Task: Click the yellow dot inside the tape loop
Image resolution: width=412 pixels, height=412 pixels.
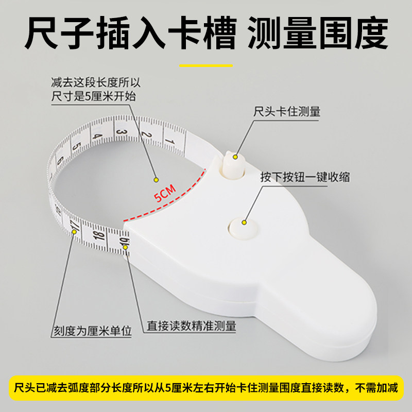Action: pos(154,180)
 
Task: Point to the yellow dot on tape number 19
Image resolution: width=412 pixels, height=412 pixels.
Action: pos(126,249)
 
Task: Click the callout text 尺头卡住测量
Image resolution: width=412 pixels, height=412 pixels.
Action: pos(286,112)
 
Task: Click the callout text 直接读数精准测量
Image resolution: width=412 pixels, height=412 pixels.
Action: pos(192,325)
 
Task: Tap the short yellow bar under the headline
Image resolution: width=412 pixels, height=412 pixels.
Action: pos(206,65)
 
